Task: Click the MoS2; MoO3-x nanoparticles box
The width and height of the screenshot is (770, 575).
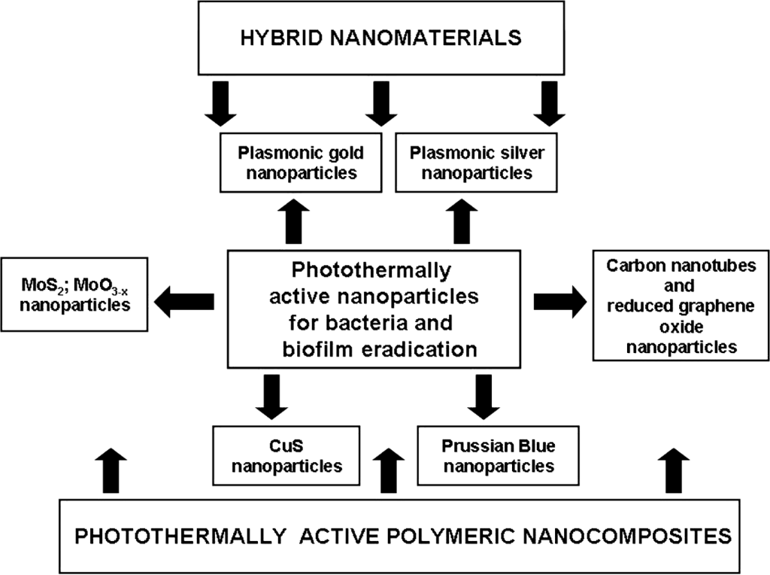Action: (x=75, y=296)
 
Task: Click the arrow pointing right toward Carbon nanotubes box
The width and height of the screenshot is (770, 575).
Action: (x=561, y=301)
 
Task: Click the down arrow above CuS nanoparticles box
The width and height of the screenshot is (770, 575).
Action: (x=271, y=396)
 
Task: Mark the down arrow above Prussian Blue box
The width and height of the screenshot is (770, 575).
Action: (x=484, y=396)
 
